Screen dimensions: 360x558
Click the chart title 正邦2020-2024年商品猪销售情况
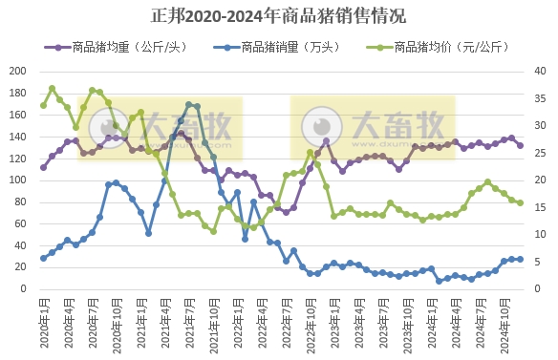pos(278,16)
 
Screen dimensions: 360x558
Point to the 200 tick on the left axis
pos(17,71)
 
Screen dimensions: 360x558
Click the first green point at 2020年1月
pos(44,105)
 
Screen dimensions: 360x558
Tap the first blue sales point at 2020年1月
pos(44,258)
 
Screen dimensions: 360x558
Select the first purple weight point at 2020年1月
pos(44,167)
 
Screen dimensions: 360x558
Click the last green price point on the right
pos(520,202)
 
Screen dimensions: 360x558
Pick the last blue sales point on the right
pos(520,259)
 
